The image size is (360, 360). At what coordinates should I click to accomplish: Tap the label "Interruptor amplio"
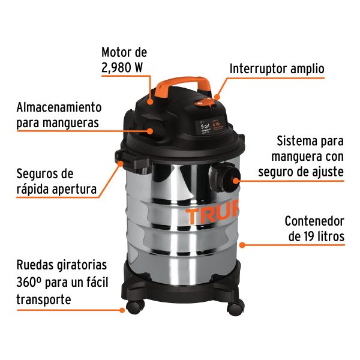[x=277, y=69]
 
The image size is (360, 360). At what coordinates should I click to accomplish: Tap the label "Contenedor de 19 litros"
[x=314, y=229]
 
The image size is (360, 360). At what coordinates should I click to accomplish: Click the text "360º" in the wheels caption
[x=29, y=282]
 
